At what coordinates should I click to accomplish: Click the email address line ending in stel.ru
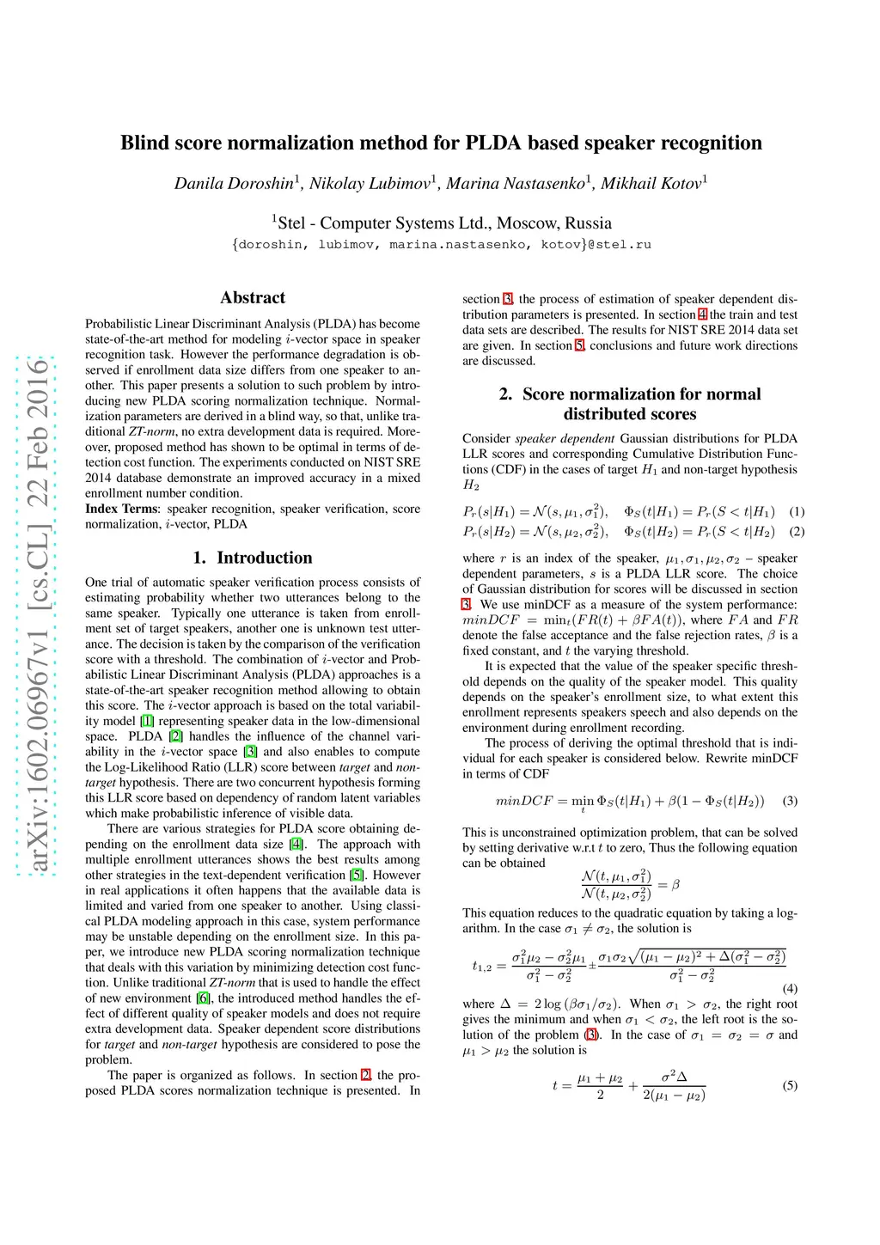pyautogui.click(x=441, y=245)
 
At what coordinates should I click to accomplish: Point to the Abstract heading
pyautogui.click(x=253, y=298)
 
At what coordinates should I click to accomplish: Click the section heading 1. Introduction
pyautogui.click(x=253, y=558)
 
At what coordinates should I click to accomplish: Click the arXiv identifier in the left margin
pyautogui.click(x=37, y=614)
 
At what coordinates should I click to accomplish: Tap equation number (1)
pyautogui.click(x=797, y=511)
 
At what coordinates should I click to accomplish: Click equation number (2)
pyautogui.click(x=797, y=532)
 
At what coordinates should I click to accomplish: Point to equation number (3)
pyautogui.click(x=790, y=801)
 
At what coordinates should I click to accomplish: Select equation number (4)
pyautogui.click(x=790, y=989)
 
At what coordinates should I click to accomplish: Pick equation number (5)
pyautogui.click(x=790, y=1085)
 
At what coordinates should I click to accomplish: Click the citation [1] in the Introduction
pyautogui.click(x=148, y=721)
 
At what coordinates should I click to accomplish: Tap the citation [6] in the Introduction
pyautogui.click(x=203, y=998)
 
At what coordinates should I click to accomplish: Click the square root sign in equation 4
pyautogui.click(x=634, y=957)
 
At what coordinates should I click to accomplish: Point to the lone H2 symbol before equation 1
pyautogui.click(x=471, y=485)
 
